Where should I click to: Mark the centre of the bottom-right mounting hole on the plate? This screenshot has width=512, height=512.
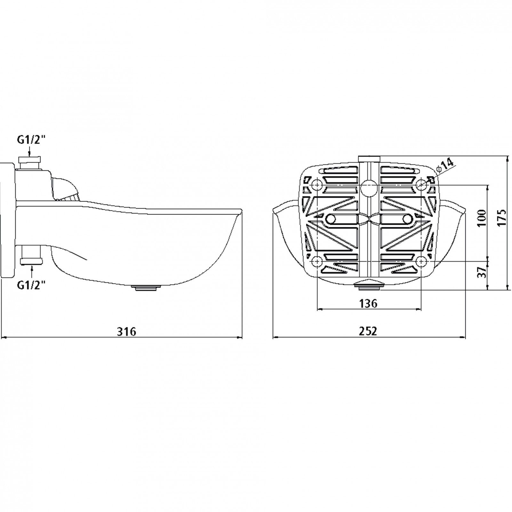coord(422,261)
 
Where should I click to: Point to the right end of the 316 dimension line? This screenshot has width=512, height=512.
coord(242,337)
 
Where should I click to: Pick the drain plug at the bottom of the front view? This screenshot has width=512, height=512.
coord(370,284)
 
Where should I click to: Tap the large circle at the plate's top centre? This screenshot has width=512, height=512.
coord(369,188)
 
